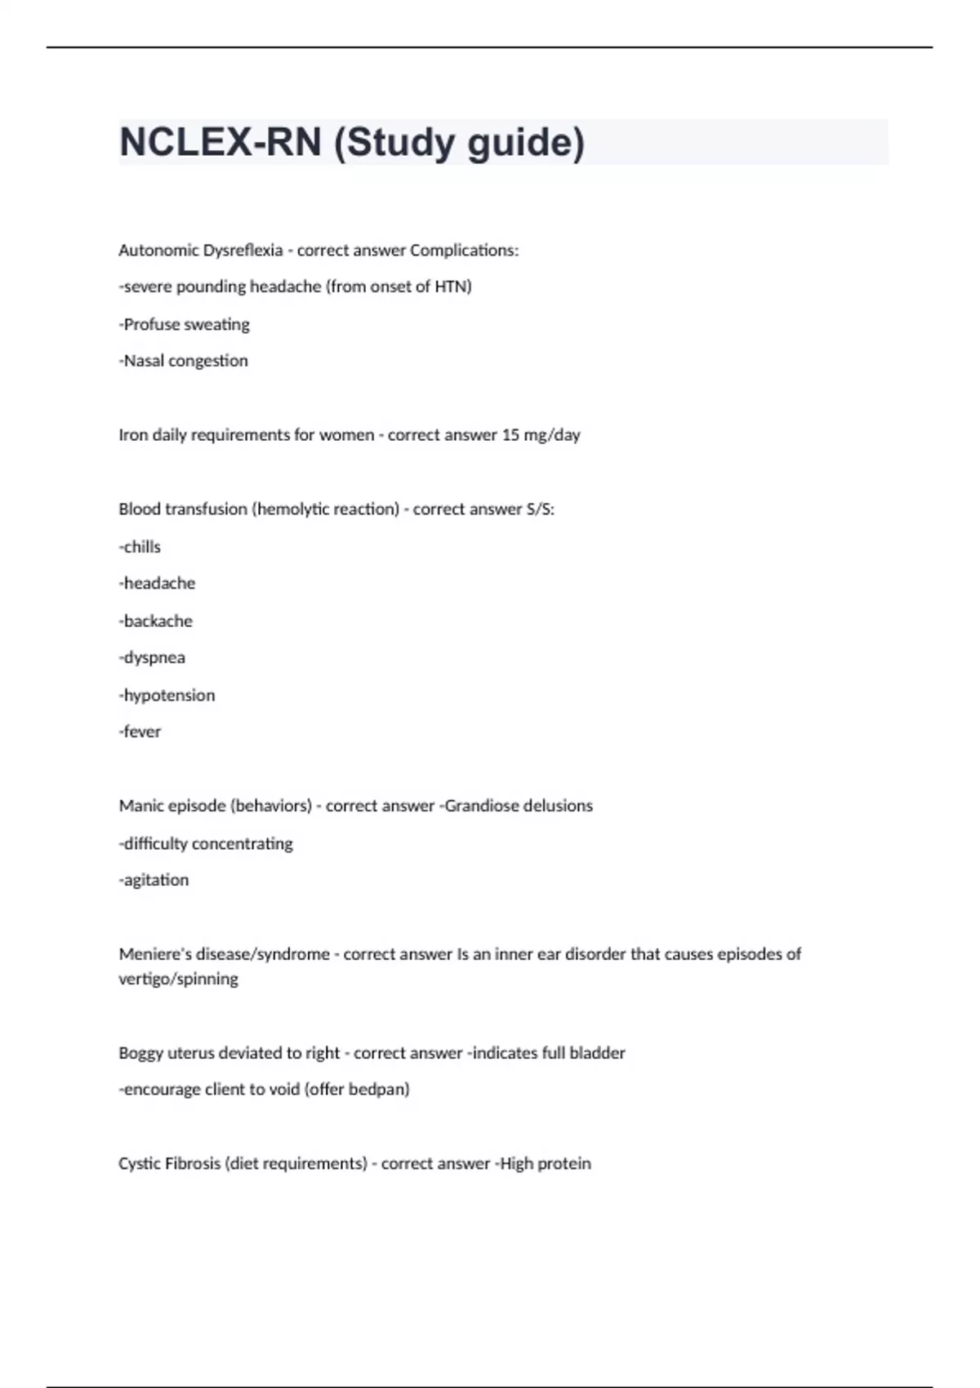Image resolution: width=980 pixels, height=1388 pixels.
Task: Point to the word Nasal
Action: tap(143, 361)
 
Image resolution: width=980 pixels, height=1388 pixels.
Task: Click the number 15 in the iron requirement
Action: tap(510, 434)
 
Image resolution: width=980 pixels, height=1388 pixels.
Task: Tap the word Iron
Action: tap(133, 434)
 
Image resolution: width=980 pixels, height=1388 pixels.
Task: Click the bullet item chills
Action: tap(141, 546)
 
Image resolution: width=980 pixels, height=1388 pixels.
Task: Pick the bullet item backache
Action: tap(158, 621)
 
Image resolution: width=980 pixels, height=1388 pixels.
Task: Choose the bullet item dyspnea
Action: tap(154, 657)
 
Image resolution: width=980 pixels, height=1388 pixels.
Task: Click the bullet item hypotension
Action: tap(169, 695)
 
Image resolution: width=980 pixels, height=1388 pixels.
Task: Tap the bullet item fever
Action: tap(142, 732)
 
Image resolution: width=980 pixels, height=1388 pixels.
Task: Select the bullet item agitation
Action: tap(155, 880)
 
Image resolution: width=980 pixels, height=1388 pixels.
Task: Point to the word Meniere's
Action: tap(154, 954)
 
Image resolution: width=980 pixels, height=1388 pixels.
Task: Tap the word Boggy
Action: tap(140, 1053)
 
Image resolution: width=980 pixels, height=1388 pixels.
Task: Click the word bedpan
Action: tap(379, 1089)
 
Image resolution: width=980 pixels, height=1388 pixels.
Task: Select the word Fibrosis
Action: tap(189, 1163)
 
